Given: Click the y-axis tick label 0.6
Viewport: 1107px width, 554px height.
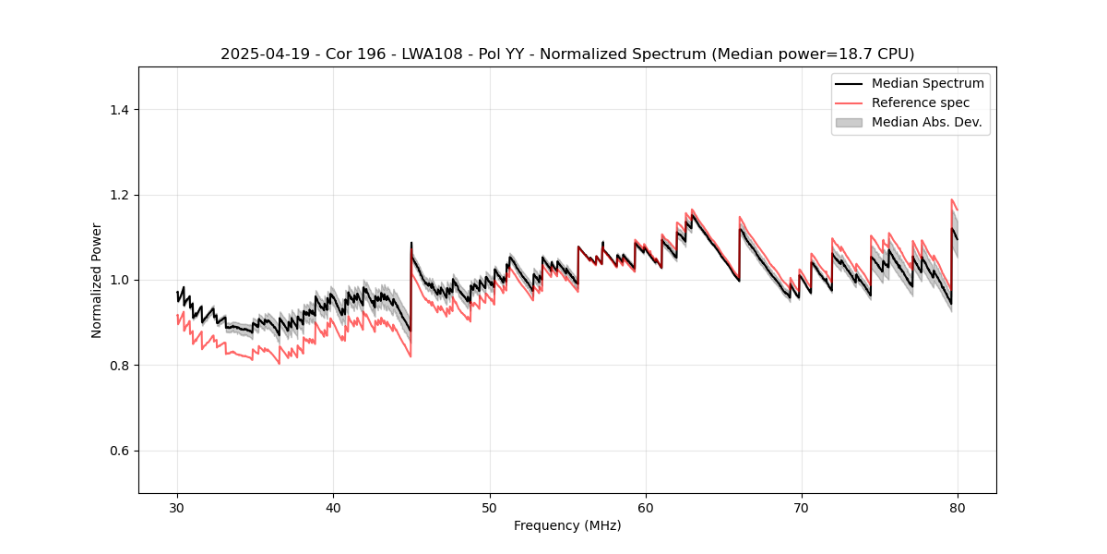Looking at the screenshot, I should coord(119,451).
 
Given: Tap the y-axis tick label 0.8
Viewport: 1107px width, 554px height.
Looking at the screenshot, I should coord(119,366).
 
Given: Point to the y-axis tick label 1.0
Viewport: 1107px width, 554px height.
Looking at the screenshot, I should coord(119,280).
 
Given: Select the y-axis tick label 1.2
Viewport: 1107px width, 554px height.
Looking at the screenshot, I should coord(119,195).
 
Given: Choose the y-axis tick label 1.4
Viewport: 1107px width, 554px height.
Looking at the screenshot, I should coord(119,110).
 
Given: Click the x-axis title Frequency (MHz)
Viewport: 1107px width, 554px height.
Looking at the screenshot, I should coord(567,525).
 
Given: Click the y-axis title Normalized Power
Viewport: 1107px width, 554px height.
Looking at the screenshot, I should coord(97,280).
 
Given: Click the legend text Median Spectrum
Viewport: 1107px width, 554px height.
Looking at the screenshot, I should coord(927,83).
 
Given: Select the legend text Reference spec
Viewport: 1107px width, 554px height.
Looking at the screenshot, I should coord(921,102).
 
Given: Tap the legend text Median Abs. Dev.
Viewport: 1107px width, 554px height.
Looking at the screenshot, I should coord(926,122).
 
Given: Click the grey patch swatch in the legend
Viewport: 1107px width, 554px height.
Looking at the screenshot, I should coord(848,122).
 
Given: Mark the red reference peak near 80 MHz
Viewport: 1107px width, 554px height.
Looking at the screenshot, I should coord(952,199).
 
